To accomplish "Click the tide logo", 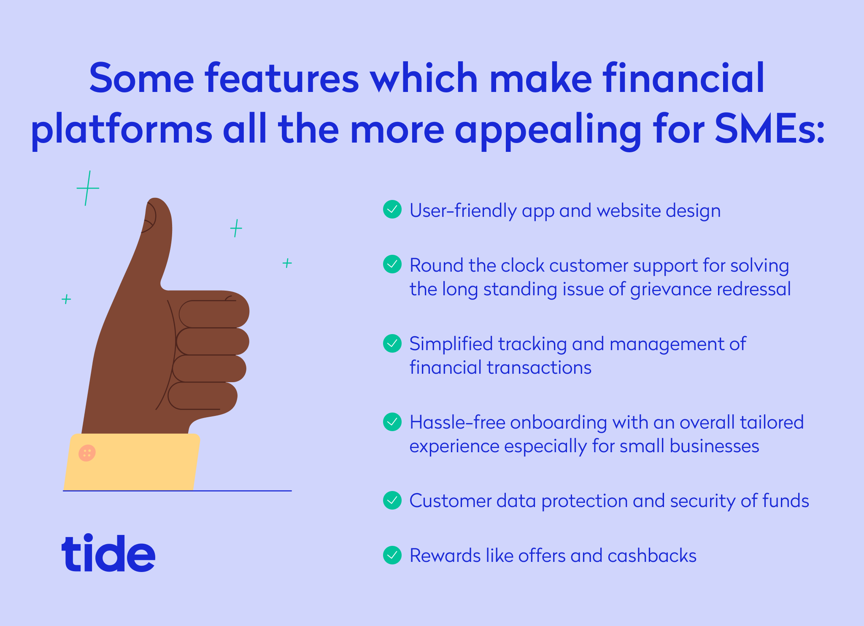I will point(108,553).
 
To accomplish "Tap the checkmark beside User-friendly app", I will point(392,209).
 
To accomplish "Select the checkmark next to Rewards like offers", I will point(392,555).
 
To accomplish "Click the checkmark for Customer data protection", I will point(392,500).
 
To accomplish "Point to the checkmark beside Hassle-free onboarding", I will point(392,422).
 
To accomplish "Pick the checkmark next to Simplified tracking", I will point(392,343).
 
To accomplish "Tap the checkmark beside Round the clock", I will point(392,264).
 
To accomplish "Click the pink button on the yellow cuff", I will point(87,453).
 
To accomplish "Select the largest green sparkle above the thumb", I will point(87,188).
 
